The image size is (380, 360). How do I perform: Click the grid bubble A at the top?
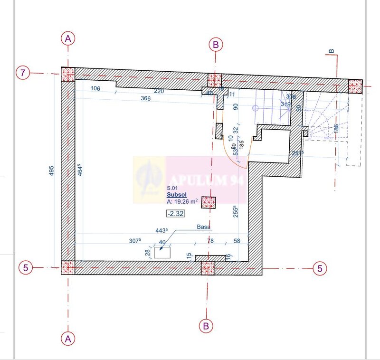[68, 38]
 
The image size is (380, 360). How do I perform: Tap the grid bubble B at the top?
[215, 45]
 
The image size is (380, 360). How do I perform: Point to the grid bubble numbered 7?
[23, 73]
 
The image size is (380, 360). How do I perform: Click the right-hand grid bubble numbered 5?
[320, 268]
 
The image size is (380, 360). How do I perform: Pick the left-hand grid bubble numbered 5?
[26, 267]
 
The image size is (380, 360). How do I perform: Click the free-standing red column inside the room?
[209, 202]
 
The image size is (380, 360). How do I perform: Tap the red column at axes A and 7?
[68, 74]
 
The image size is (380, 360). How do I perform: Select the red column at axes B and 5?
[207, 268]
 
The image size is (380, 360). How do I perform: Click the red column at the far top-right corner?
[355, 86]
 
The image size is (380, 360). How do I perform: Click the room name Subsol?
[176, 194]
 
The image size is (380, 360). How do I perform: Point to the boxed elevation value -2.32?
[175, 213]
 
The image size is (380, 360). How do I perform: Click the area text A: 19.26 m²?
[182, 201]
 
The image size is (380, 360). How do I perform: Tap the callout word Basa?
[203, 227]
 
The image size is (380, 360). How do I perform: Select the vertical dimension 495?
[52, 171]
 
